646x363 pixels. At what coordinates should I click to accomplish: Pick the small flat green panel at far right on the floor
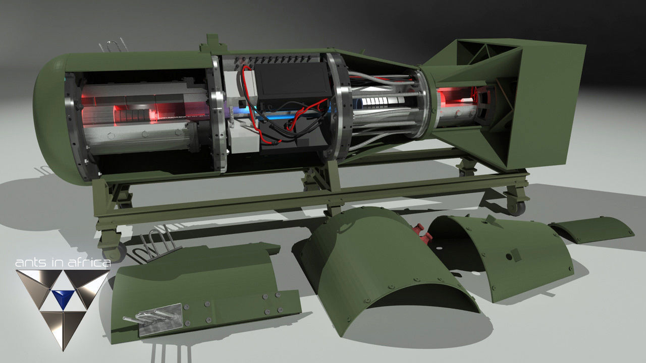click(591, 228)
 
